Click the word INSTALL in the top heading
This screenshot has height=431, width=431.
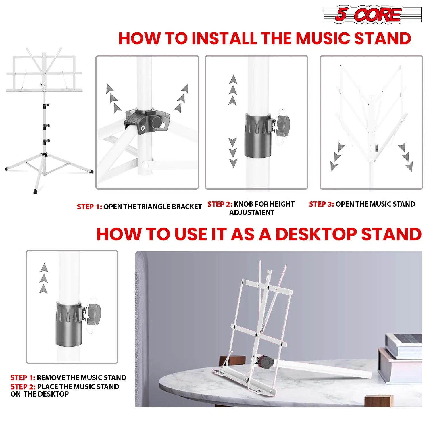tap(224, 38)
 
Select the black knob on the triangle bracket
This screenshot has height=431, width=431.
tap(156, 123)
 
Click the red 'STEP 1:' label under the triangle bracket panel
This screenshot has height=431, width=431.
tap(89, 207)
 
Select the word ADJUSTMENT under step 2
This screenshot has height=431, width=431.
tap(251, 213)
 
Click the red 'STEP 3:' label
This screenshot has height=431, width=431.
tap(321, 204)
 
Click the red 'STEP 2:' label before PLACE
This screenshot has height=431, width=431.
tap(23, 387)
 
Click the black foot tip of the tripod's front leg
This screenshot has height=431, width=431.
tap(36, 191)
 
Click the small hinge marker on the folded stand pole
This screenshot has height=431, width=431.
tap(376, 148)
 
